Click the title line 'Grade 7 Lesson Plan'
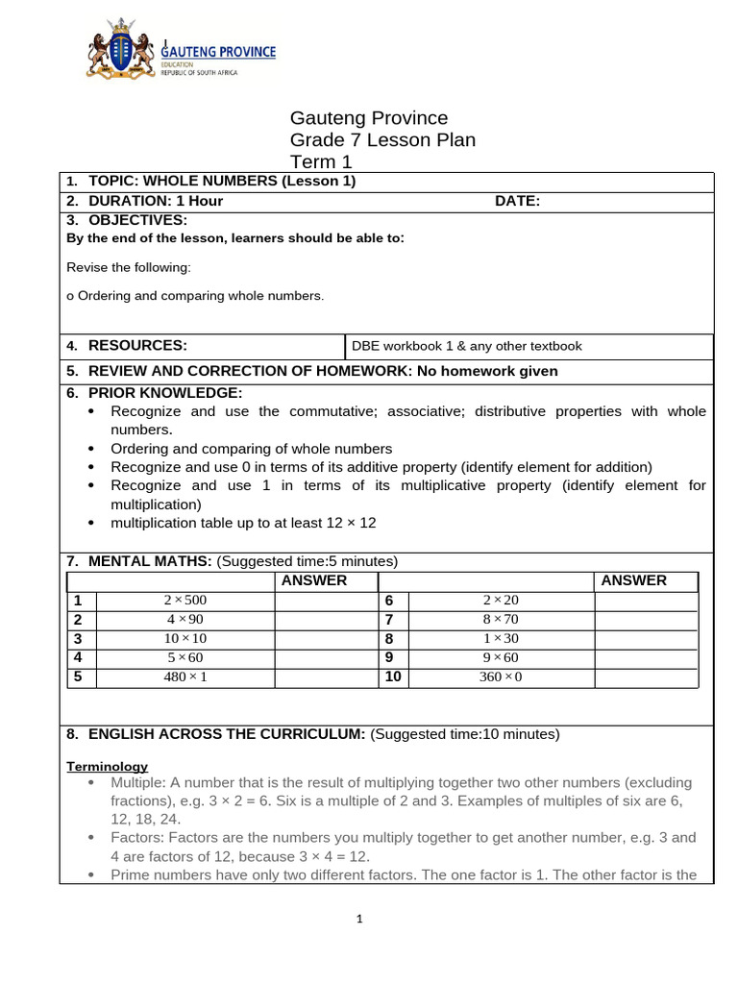click(382, 140)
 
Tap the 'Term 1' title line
click(322, 161)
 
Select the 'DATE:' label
click(517, 201)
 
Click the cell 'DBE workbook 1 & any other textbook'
click(467, 346)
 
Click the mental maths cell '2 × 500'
click(185, 601)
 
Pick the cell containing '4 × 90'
click(185, 620)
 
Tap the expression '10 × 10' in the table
click(185, 639)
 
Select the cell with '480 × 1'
click(185, 677)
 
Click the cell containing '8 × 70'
click(500, 620)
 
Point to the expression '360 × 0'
click(500, 677)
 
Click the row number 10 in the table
click(392, 677)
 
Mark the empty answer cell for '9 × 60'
click(646, 658)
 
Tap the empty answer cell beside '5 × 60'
click(326, 658)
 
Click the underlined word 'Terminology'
click(107, 766)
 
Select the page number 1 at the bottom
click(359, 920)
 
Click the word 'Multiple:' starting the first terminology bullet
click(139, 783)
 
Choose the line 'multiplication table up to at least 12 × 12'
click(243, 523)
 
